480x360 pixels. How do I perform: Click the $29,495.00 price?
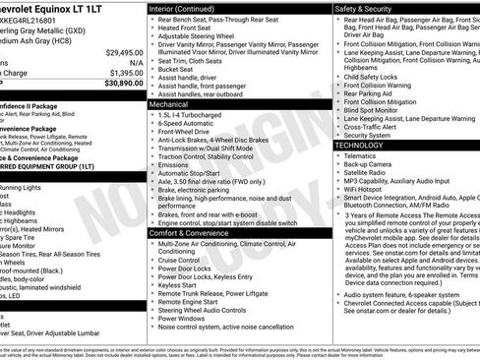[x=125, y=51]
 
